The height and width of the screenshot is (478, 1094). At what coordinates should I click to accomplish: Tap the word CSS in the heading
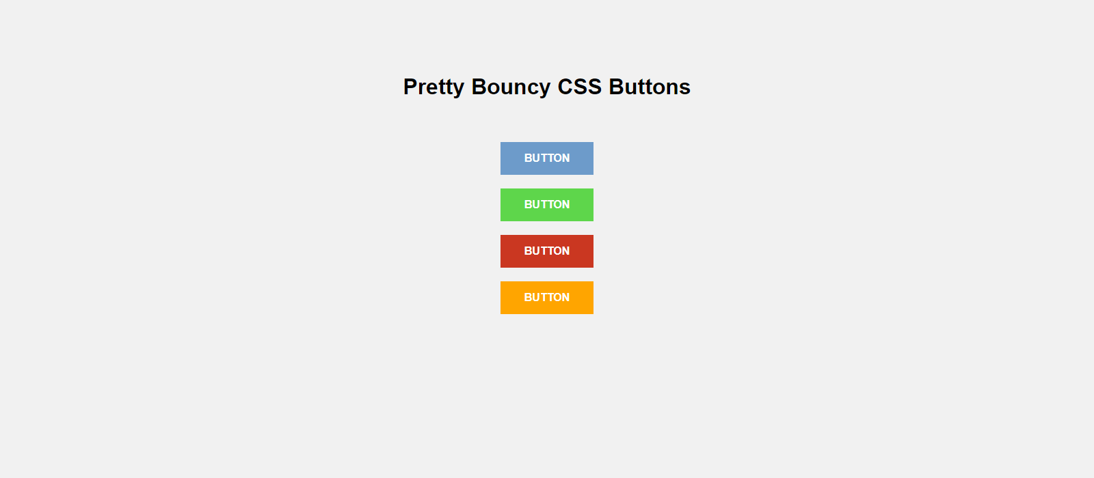579,87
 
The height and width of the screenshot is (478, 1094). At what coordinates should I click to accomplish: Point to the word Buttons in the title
650,87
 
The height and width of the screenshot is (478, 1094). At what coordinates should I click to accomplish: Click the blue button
547,158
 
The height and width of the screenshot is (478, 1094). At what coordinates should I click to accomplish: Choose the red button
547,251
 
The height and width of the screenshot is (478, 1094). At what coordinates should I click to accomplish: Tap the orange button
547,298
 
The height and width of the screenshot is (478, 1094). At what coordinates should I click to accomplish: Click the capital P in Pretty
411,87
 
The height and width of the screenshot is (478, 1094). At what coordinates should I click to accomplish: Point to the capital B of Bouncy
479,87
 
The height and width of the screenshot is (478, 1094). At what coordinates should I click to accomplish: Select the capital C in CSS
565,87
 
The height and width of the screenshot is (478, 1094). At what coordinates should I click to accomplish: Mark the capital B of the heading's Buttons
617,87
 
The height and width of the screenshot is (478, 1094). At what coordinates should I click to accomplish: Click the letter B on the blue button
528,158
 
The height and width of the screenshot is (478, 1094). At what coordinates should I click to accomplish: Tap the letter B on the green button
528,204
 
